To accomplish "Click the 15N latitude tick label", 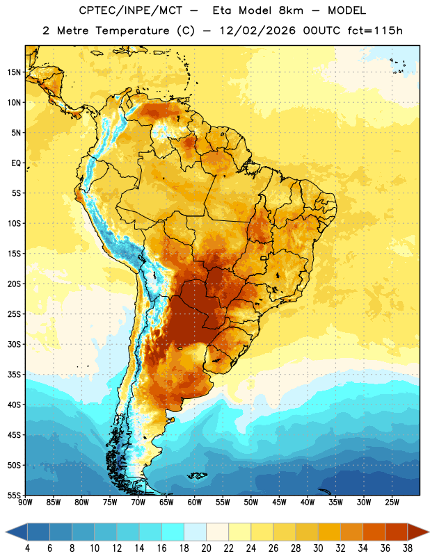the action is (14, 72).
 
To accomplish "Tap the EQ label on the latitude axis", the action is (16, 163).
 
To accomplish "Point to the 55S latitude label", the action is (14, 495).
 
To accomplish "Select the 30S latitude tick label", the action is (14, 344).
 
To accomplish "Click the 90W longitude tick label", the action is (25, 502).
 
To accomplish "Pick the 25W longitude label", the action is (392, 502).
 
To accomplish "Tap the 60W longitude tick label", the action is (195, 502).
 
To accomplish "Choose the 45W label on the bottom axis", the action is (280, 502).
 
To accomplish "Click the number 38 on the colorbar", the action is (408, 548).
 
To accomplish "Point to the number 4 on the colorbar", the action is (27, 548).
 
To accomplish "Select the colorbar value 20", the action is (206, 548).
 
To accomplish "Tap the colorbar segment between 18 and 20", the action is (195, 532).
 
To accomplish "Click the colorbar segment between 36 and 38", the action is (397, 532).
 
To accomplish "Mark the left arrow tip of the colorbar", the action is (6, 532).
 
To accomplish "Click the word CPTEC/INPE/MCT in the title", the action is (130, 10).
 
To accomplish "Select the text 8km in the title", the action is (291, 10).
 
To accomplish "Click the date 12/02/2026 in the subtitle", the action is (257, 31).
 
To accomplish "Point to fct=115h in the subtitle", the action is (375, 31).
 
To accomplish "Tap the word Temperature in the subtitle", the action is (132, 31).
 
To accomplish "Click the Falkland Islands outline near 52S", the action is (197, 475).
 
